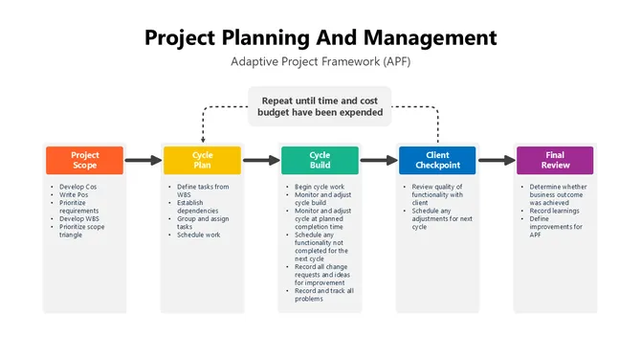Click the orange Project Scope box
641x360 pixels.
point(85,160)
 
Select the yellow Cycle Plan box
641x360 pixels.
point(203,160)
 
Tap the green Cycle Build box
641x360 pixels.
point(320,160)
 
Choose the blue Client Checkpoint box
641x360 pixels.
point(437,160)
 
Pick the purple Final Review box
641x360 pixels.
point(555,160)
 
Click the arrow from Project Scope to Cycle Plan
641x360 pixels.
point(144,161)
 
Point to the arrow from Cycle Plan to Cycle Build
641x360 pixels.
point(261,161)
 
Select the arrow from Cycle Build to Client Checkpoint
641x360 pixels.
point(378,161)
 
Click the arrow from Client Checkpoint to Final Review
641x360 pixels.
point(496,161)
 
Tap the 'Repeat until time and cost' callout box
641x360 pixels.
point(320,105)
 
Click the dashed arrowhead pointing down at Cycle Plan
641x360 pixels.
point(203,140)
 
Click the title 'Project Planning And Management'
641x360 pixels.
point(320,37)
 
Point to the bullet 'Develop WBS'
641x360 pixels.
point(80,218)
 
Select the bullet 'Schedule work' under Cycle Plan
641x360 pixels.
point(199,235)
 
